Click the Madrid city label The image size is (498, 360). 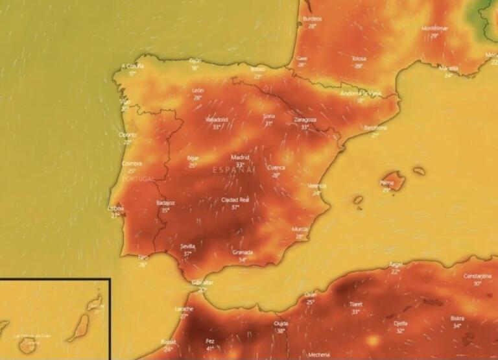pyautogui.click(x=241, y=157)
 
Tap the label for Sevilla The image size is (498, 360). pyautogui.click(x=188, y=246)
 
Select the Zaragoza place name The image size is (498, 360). pyautogui.click(x=305, y=119)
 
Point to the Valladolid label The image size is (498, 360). pyautogui.click(x=217, y=119)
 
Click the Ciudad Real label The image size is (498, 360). pyautogui.click(x=235, y=200)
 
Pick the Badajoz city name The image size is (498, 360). pyautogui.click(x=165, y=202)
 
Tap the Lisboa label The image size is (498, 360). pyautogui.click(x=116, y=208)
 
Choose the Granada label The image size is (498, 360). pyautogui.click(x=243, y=252)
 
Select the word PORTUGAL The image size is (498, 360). pyautogui.click(x=138, y=178)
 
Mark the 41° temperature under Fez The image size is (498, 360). pyautogui.click(x=209, y=348)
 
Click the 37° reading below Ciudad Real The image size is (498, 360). pyautogui.click(x=235, y=208)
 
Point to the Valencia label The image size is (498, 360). pyautogui.click(x=317, y=186)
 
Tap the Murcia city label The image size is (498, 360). pyautogui.click(x=300, y=229)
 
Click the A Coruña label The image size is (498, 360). pyautogui.click(x=133, y=66)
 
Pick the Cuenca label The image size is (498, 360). pyautogui.click(x=276, y=167)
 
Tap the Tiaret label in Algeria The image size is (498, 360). pyautogui.click(x=355, y=304)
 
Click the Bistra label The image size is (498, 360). pyautogui.click(x=457, y=318)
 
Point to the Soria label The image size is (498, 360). pyautogui.click(x=269, y=115)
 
